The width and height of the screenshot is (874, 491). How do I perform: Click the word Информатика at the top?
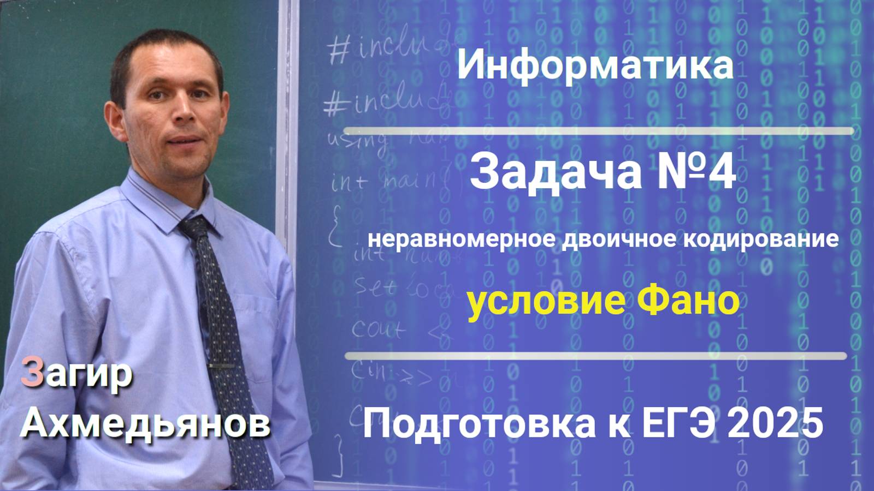tap(595, 65)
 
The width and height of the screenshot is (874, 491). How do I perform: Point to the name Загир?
tap(76, 374)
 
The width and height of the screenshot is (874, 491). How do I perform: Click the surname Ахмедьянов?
tap(145, 423)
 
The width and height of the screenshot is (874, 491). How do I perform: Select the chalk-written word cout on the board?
tap(378, 329)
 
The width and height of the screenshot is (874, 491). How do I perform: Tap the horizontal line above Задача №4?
tap(598, 131)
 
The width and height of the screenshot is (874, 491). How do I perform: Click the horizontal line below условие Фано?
tap(595, 356)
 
